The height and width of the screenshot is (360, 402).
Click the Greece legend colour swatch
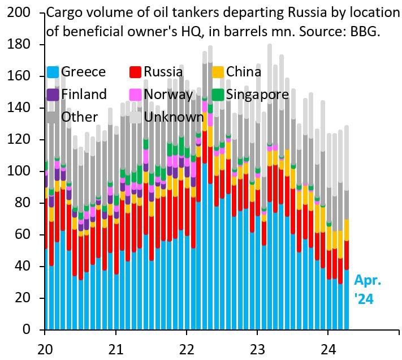[x=53, y=72]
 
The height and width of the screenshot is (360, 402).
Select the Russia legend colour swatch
[x=135, y=72]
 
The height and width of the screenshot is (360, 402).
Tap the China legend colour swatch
[x=218, y=72]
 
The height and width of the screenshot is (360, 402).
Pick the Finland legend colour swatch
[x=53, y=95]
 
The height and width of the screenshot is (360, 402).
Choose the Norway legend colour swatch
[x=135, y=95]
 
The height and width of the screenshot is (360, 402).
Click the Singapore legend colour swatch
[x=218, y=95]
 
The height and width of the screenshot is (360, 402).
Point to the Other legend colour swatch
[x=53, y=117]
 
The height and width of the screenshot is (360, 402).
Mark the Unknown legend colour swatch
[x=135, y=117]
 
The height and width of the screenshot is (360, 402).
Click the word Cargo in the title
[x=64, y=12]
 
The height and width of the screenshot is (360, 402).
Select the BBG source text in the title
[x=365, y=32]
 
